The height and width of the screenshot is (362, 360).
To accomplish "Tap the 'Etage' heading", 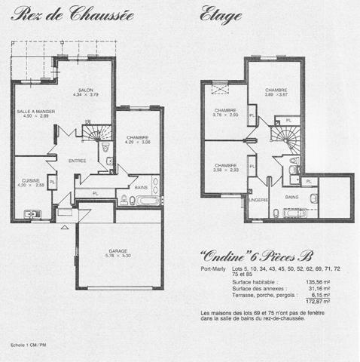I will click(x=221, y=14).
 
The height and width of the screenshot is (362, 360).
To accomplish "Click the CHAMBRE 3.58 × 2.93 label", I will click(x=226, y=167).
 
